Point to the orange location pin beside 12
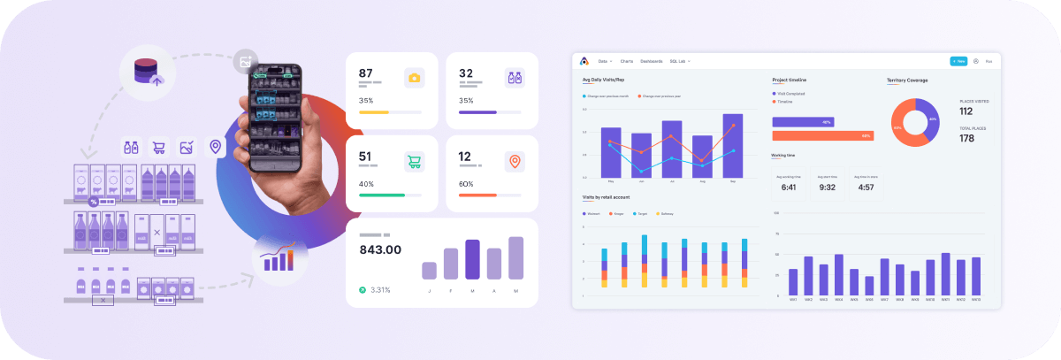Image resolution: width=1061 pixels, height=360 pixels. point(513,162)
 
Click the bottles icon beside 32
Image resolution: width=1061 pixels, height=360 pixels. point(513,78)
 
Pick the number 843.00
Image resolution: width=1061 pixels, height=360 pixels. point(380,249)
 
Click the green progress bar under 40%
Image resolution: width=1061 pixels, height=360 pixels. point(382,195)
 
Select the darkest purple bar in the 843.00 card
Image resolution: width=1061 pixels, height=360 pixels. point(472,259)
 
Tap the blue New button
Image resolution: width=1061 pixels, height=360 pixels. point(958,61)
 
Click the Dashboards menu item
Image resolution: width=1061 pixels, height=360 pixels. point(651,61)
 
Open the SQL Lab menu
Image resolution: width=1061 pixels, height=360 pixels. point(680,61)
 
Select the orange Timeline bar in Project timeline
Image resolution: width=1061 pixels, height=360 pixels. point(822,135)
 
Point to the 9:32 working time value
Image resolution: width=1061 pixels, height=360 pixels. point(828,187)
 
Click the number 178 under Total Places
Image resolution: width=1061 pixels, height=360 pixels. point(966,138)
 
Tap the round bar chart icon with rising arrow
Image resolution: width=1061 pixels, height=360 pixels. point(279,258)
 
